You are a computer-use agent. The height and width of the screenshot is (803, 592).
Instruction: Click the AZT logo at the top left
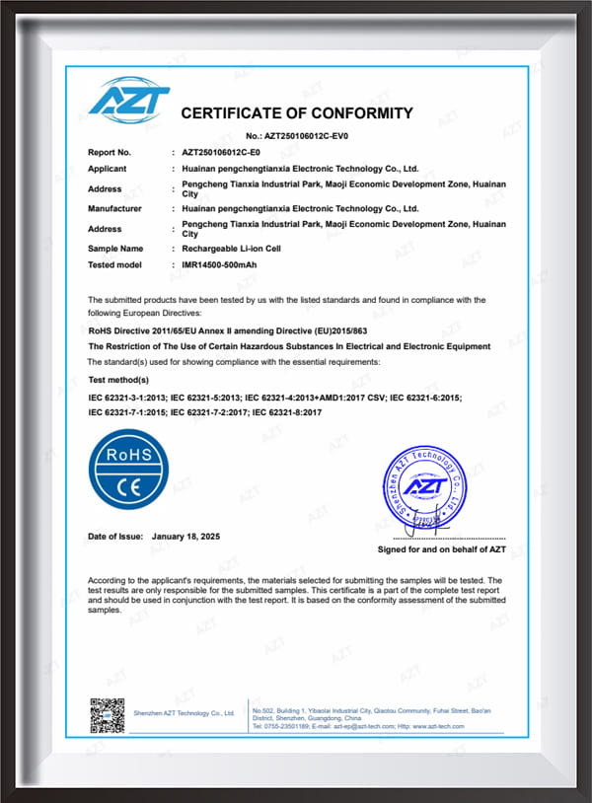(128, 101)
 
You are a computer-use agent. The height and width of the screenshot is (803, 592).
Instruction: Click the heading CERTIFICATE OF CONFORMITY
(297, 112)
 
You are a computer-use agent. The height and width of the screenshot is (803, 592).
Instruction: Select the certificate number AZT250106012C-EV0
(313, 135)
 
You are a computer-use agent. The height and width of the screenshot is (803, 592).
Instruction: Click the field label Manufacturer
(114, 208)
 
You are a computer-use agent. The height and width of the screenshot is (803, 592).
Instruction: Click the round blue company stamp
(428, 486)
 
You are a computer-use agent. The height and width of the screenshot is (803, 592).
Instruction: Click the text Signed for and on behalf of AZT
(442, 548)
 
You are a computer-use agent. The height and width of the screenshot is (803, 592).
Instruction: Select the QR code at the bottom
(108, 713)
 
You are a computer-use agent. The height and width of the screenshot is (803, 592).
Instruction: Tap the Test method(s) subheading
(118, 379)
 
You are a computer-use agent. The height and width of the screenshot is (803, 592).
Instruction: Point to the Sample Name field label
(115, 249)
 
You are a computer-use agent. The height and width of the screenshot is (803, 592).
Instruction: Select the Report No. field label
(110, 153)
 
